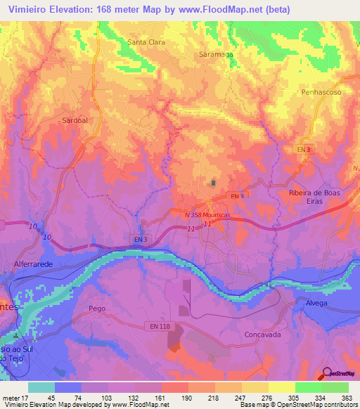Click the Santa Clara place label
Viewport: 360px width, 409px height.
[146, 42]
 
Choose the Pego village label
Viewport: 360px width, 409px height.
[97, 309]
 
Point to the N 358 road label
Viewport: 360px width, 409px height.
[195, 214]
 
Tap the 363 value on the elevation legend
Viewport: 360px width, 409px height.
[346, 397]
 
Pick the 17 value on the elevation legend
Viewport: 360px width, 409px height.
[28, 397]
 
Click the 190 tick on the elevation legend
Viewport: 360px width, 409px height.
[187, 397]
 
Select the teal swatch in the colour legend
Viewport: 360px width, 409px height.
[41, 387]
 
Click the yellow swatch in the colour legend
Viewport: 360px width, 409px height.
[282, 387]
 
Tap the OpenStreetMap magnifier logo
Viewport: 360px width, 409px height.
[327, 374]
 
